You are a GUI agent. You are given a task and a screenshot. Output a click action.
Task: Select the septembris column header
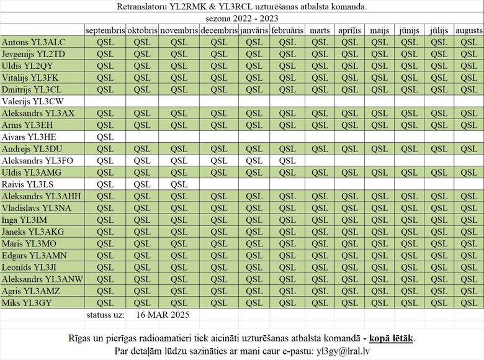click(105, 30)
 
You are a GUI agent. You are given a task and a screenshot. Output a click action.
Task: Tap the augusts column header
click(468, 30)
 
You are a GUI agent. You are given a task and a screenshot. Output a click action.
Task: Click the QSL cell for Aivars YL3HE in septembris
click(105, 137)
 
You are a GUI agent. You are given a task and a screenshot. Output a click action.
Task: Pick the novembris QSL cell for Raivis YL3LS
click(179, 184)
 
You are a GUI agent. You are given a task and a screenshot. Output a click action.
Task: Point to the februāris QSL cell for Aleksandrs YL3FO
click(287, 160)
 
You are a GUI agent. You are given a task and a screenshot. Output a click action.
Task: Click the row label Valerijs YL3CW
click(33, 101)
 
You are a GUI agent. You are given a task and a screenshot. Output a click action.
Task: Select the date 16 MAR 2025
click(162, 315)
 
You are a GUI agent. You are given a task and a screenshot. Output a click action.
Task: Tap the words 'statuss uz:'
click(105, 315)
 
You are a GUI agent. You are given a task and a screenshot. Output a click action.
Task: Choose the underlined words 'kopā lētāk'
click(391, 338)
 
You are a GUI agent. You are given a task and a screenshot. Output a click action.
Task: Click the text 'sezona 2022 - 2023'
click(241, 19)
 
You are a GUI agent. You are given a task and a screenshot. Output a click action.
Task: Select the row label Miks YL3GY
click(28, 302)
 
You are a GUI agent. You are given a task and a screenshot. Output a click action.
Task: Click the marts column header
click(320, 30)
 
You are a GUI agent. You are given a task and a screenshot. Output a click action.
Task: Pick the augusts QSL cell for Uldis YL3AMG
click(468, 173)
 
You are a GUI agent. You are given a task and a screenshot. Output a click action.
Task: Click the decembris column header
click(219, 30)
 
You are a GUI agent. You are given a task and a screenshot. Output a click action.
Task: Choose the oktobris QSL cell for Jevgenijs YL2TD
click(142, 54)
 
